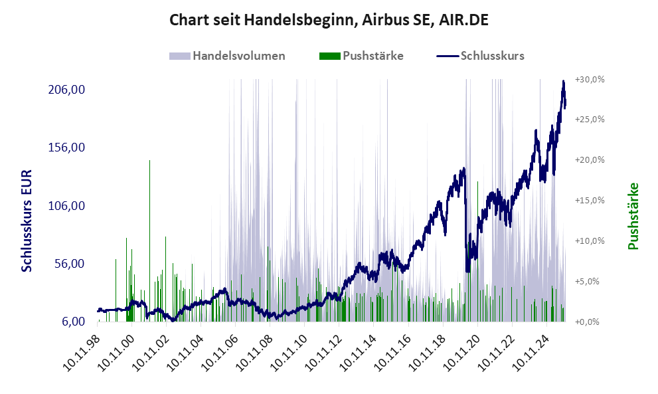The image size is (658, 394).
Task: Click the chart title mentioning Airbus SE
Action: tap(329, 20)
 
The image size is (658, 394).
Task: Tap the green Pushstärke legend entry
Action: tap(361, 56)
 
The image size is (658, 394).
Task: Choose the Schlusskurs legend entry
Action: tap(481, 56)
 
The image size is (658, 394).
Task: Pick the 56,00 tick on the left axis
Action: tap(72, 264)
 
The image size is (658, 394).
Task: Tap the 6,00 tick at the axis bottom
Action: tap(75, 322)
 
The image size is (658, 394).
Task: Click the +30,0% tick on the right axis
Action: tap(590, 79)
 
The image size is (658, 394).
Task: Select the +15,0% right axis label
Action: tap(590, 201)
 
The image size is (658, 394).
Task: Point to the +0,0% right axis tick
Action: tap(591, 322)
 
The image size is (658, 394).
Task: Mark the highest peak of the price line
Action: tap(563, 82)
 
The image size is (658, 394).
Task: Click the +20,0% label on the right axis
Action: tap(590, 160)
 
